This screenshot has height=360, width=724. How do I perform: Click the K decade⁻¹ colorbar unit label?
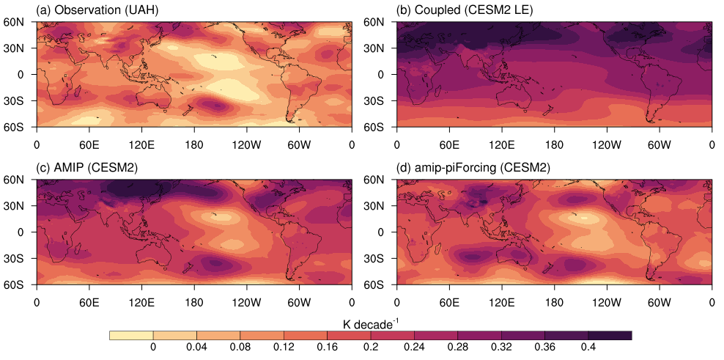click(370, 323)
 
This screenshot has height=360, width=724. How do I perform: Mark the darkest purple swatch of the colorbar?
click(610, 335)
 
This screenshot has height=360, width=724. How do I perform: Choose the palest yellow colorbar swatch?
click(130, 335)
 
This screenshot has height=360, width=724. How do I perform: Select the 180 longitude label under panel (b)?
click(555, 144)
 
